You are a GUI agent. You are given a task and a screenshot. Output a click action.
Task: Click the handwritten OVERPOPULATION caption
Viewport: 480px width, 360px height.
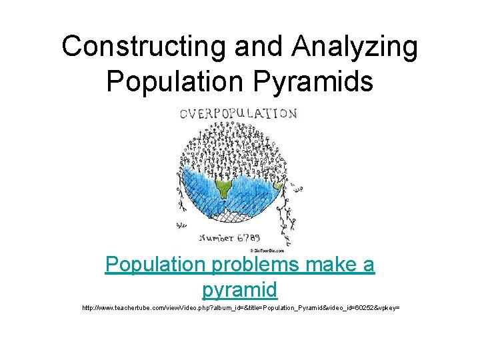pos(238,114)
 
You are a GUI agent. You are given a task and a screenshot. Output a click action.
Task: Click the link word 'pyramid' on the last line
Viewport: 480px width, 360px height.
pos(239,289)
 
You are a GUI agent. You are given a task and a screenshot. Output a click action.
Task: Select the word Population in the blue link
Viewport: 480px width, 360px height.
pos(156,265)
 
